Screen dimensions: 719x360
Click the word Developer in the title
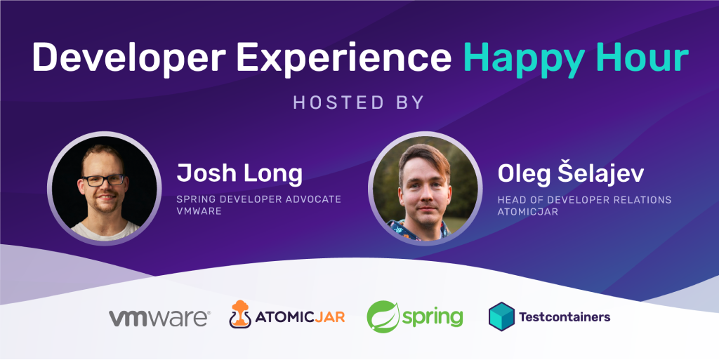point(129,59)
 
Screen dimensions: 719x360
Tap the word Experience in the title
point(343,59)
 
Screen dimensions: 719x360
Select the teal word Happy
point(524,59)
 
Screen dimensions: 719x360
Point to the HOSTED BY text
point(359,102)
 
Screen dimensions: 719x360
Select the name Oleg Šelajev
point(571,173)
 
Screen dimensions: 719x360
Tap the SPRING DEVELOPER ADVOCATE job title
point(259,200)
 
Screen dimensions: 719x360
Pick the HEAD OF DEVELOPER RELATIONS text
point(585,200)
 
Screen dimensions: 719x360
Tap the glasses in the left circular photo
point(103,180)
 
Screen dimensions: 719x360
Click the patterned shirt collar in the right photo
point(418,230)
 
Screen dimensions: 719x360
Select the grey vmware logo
point(159,317)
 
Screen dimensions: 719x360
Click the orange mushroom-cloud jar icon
point(240,314)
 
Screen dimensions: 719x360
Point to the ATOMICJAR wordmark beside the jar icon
point(300,317)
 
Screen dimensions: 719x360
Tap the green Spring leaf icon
point(383,316)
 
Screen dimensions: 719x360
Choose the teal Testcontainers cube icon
point(501,316)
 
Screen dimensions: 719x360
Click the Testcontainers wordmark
point(565,316)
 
